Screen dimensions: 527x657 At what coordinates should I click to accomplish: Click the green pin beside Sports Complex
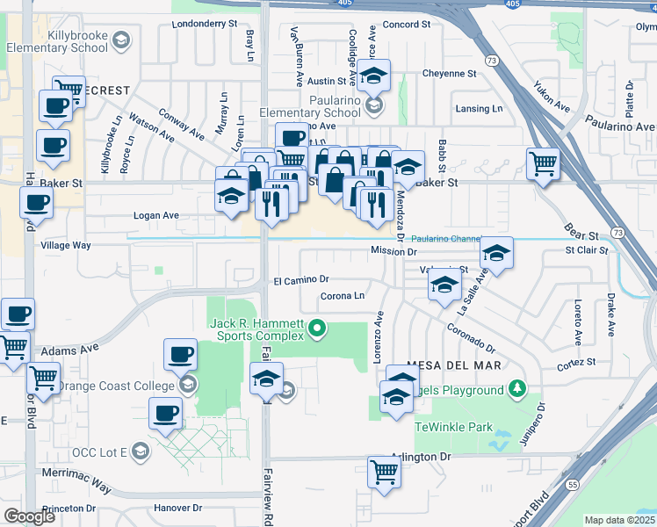coord(318,330)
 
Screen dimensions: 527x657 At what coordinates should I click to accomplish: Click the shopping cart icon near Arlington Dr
coord(384,472)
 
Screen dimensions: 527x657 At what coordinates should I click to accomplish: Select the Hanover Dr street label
coord(178,508)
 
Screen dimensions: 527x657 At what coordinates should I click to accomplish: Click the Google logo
coord(29,516)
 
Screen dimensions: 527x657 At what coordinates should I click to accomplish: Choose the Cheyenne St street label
coord(449,74)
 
